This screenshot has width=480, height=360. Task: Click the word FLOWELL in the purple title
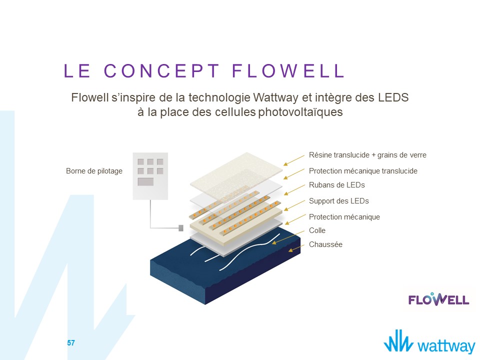click(x=288, y=70)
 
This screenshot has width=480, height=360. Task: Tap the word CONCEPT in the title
click(x=162, y=70)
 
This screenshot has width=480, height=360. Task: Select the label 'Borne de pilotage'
click(x=94, y=171)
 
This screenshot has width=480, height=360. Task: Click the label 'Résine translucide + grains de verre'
click(x=367, y=155)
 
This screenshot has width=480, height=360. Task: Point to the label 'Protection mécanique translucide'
click(x=363, y=171)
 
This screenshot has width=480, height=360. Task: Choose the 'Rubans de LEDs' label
click(x=337, y=185)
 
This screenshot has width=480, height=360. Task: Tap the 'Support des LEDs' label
click(x=339, y=201)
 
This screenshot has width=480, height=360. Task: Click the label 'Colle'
click(x=317, y=230)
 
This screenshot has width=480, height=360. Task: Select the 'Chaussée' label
click(x=325, y=244)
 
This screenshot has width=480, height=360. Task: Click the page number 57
click(x=71, y=343)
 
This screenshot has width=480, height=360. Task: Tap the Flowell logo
click(x=438, y=299)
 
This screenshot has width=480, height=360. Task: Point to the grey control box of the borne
click(x=150, y=176)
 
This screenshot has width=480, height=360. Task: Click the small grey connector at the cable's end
click(x=181, y=228)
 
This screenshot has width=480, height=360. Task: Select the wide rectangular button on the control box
click(x=145, y=181)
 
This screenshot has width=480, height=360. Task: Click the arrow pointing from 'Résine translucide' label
click(x=294, y=160)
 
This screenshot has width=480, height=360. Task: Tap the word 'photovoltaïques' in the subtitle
click(x=300, y=112)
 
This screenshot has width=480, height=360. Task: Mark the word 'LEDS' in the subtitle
click(x=393, y=97)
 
